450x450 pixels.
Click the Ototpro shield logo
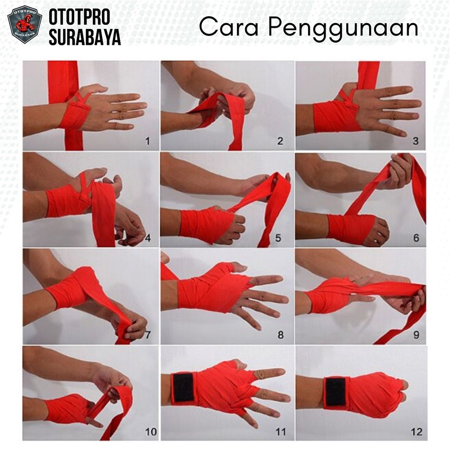(x=25, y=24)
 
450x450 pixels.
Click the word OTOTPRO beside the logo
(x=80, y=17)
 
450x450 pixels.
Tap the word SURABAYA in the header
(x=85, y=37)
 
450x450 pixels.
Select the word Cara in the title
(x=229, y=27)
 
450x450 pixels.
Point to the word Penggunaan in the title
(x=343, y=29)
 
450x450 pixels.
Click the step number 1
(x=148, y=141)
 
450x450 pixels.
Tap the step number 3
(x=415, y=141)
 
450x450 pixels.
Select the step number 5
(x=278, y=238)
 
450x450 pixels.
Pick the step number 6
(x=416, y=238)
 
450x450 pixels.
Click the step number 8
(x=280, y=334)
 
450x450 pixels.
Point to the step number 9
(x=416, y=334)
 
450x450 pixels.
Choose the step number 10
(x=151, y=432)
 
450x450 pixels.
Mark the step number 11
(x=280, y=432)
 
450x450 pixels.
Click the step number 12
(x=417, y=432)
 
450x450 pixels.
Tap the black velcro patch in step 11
(x=183, y=388)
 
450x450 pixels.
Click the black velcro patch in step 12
(x=335, y=392)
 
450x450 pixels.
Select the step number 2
(x=280, y=141)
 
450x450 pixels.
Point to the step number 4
(x=148, y=238)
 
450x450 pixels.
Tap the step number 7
(x=148, y=334)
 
